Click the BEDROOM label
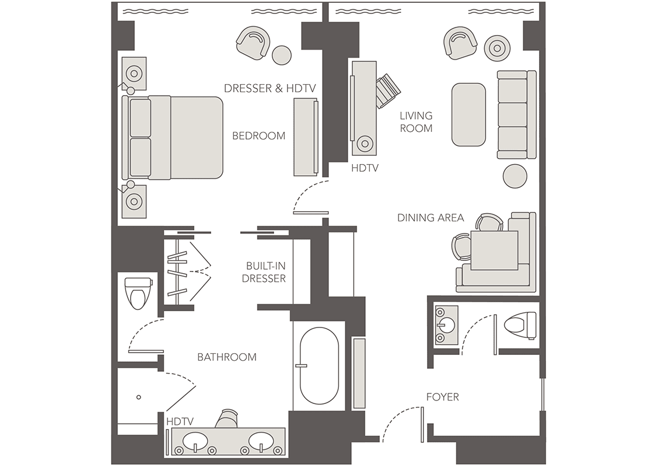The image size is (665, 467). tap(258, 136)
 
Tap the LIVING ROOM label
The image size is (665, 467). tap(416, 122)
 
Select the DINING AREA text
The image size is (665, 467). tap(430, 218)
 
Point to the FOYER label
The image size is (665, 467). tap(442, 397)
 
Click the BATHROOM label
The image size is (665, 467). tap(227, 357)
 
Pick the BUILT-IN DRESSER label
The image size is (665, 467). tap(264, 272)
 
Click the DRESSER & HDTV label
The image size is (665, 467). tap(270, 88)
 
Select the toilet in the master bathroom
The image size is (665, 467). tap(138, 293)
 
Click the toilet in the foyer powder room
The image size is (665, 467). tap(520, 325)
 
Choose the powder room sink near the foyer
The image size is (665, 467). tap(446, 325)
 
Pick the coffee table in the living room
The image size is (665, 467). tap(468, 114)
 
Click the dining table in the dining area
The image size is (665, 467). tap(495, 250)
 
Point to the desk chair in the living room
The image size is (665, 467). tap(387, 90)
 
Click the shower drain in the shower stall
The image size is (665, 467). tap(138, 398)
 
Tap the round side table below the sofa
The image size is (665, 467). tap(515, 176)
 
